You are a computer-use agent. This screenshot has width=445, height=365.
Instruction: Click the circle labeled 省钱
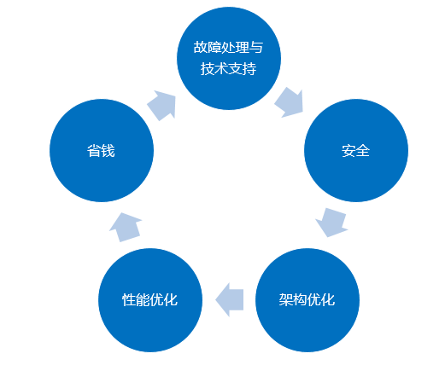(x=102, y=150)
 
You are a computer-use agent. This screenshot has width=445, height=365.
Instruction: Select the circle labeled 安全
(x=356, y=150)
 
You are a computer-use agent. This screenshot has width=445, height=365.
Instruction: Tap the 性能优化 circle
(x=150, y=300)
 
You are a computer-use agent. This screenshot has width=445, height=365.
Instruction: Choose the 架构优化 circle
(x=307, y=300)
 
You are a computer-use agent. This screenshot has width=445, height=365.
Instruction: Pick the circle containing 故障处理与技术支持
(x=229, y=58)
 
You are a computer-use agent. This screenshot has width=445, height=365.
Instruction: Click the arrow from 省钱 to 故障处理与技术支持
(x=161, y=106)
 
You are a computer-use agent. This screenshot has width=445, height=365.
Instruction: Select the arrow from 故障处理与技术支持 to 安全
(x=289, y=102)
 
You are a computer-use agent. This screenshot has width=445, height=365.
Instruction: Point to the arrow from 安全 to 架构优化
(x=331, y=223)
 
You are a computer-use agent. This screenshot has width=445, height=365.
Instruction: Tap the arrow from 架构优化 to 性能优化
(x=230, y=299)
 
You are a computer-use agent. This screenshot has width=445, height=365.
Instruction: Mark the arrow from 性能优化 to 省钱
(x=126, y=227)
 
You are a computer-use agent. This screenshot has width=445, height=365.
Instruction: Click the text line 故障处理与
(x=228, y=47)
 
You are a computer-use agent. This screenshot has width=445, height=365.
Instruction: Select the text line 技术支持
(x=228, y=68)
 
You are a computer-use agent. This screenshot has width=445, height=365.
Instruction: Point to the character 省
(x=94, y=151)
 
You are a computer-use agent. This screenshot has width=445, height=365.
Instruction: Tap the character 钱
(x=108, y=151)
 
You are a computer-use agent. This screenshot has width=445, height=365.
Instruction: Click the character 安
(x=348, y=151)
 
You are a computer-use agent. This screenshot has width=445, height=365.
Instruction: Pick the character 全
(x=363, y=151)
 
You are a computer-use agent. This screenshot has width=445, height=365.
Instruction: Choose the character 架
(x=286, y=299)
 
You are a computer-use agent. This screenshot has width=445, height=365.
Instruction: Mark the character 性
(x=129, y=299)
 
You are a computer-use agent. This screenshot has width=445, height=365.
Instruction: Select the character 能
(x=143, y=299)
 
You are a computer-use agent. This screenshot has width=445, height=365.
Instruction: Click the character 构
(x=300, y=299)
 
